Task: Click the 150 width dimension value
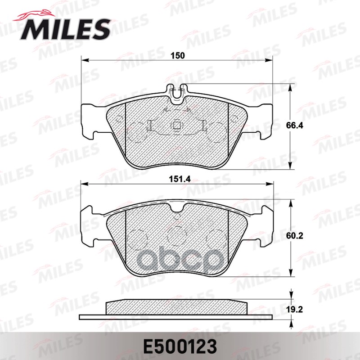click(x=178, y=56)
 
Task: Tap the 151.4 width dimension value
click(x=178, y=179)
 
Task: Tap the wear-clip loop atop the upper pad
click(x=177, y=91)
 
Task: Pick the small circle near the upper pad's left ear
click(x=119, y=119)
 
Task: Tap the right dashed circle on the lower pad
click(x=216, y=237)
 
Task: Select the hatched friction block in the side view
click(x=177, y=308)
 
